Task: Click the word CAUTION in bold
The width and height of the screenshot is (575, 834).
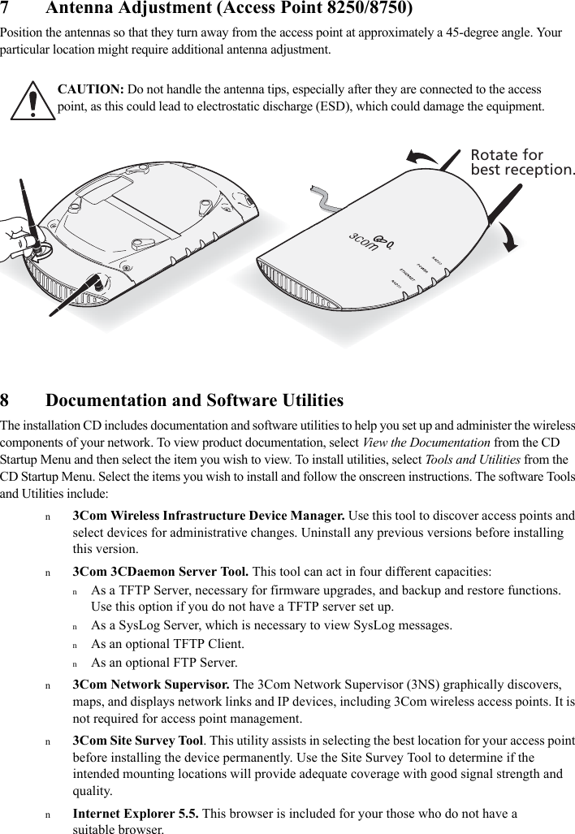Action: click(90, 89)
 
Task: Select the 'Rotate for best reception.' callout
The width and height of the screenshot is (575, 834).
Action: click(522, 162)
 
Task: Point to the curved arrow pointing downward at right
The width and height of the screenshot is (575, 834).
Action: click(512, 236)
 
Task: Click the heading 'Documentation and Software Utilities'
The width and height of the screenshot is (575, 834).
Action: click(194, 401)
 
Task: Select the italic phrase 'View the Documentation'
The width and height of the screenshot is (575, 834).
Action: click(426, 443)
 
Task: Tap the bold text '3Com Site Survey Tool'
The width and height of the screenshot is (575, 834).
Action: click(138, 741)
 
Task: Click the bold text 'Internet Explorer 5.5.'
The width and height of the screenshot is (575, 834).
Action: click(135, 814)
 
